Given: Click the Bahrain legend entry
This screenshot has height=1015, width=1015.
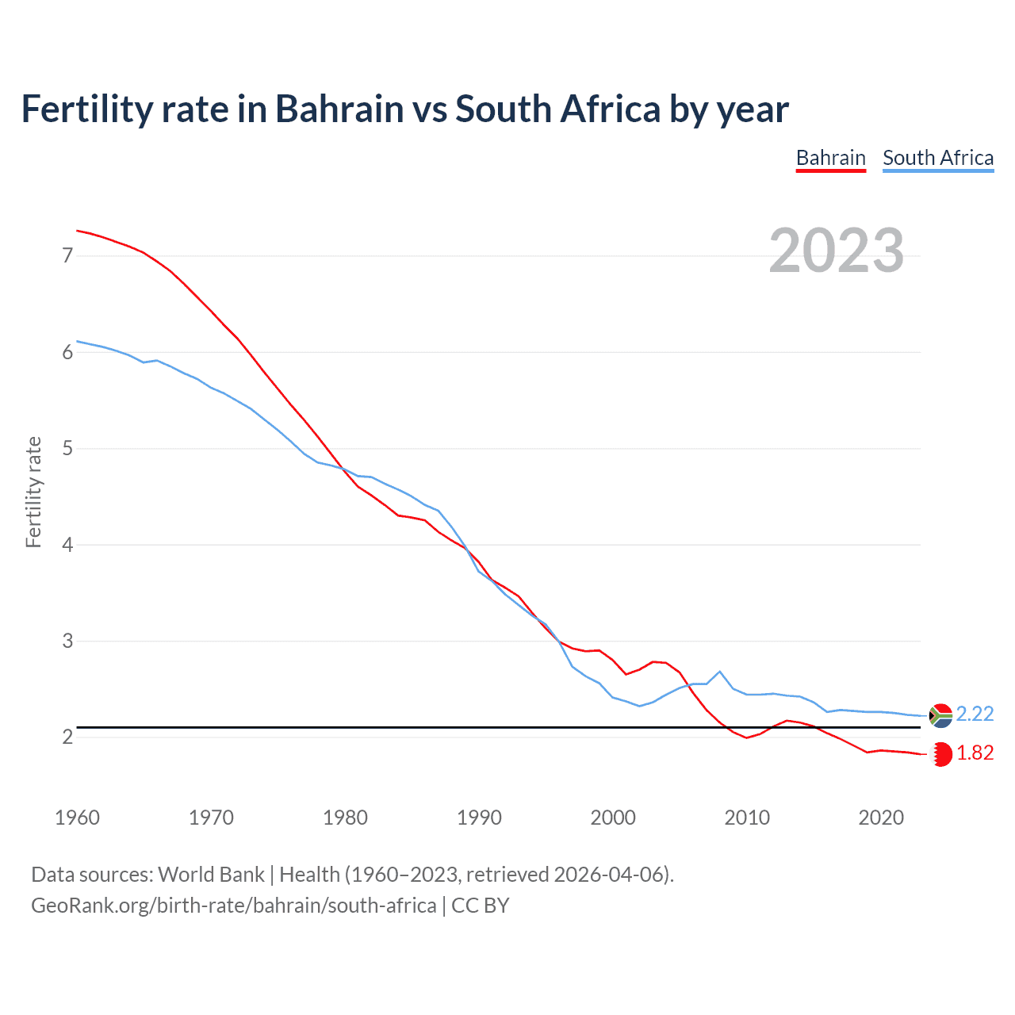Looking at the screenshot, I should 830,158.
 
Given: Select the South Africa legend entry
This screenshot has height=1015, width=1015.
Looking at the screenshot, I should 938,158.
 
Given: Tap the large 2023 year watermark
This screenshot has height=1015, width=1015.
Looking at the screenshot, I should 837,251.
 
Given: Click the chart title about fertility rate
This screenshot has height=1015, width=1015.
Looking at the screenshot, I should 404,109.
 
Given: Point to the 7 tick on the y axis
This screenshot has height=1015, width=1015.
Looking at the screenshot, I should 67,255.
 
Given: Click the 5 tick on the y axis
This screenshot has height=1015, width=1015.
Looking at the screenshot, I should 67,449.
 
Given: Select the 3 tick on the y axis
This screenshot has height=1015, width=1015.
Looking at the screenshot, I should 67,641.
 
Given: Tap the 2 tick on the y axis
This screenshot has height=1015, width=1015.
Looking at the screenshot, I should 67,737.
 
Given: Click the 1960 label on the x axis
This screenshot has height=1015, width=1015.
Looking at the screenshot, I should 77,818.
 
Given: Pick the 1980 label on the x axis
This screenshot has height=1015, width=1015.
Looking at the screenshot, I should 345,818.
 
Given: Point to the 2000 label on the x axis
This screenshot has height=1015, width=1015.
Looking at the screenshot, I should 613,818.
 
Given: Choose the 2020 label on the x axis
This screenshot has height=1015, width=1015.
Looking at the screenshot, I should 881,818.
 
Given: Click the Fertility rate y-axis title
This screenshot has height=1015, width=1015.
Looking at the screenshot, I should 33,492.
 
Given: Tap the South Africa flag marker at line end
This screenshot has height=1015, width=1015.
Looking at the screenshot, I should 940,715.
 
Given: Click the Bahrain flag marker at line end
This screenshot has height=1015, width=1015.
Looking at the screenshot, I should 941,754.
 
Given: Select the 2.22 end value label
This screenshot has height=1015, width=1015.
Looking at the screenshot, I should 975,714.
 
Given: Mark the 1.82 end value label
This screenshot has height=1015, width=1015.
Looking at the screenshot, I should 975,753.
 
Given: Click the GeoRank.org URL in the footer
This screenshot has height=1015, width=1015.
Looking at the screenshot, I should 233,906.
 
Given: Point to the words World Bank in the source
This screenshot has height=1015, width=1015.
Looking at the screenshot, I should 211,875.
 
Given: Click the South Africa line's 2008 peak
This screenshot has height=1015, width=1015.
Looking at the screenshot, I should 719,672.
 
